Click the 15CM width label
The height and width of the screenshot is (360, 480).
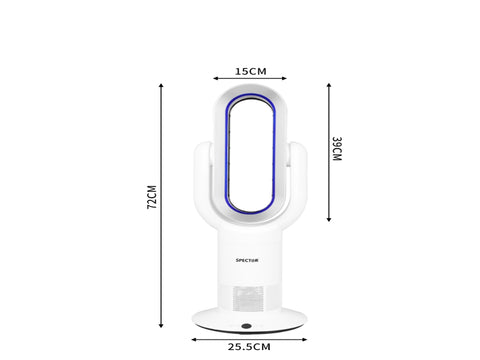point(251,71)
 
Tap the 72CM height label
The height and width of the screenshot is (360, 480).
point(152,197)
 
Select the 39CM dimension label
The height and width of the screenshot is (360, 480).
point(337,149)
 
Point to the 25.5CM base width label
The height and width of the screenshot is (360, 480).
point(249,347)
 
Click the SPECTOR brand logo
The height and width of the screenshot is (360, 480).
point(247,260)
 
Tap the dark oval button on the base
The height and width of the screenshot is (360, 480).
point(246,326)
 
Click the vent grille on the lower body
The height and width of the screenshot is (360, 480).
point(248,298)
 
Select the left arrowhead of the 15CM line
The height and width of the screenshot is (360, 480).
point(215,78)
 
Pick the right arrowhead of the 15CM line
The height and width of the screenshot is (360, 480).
point(284,78)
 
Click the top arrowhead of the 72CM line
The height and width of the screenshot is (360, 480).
point(161,86)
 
